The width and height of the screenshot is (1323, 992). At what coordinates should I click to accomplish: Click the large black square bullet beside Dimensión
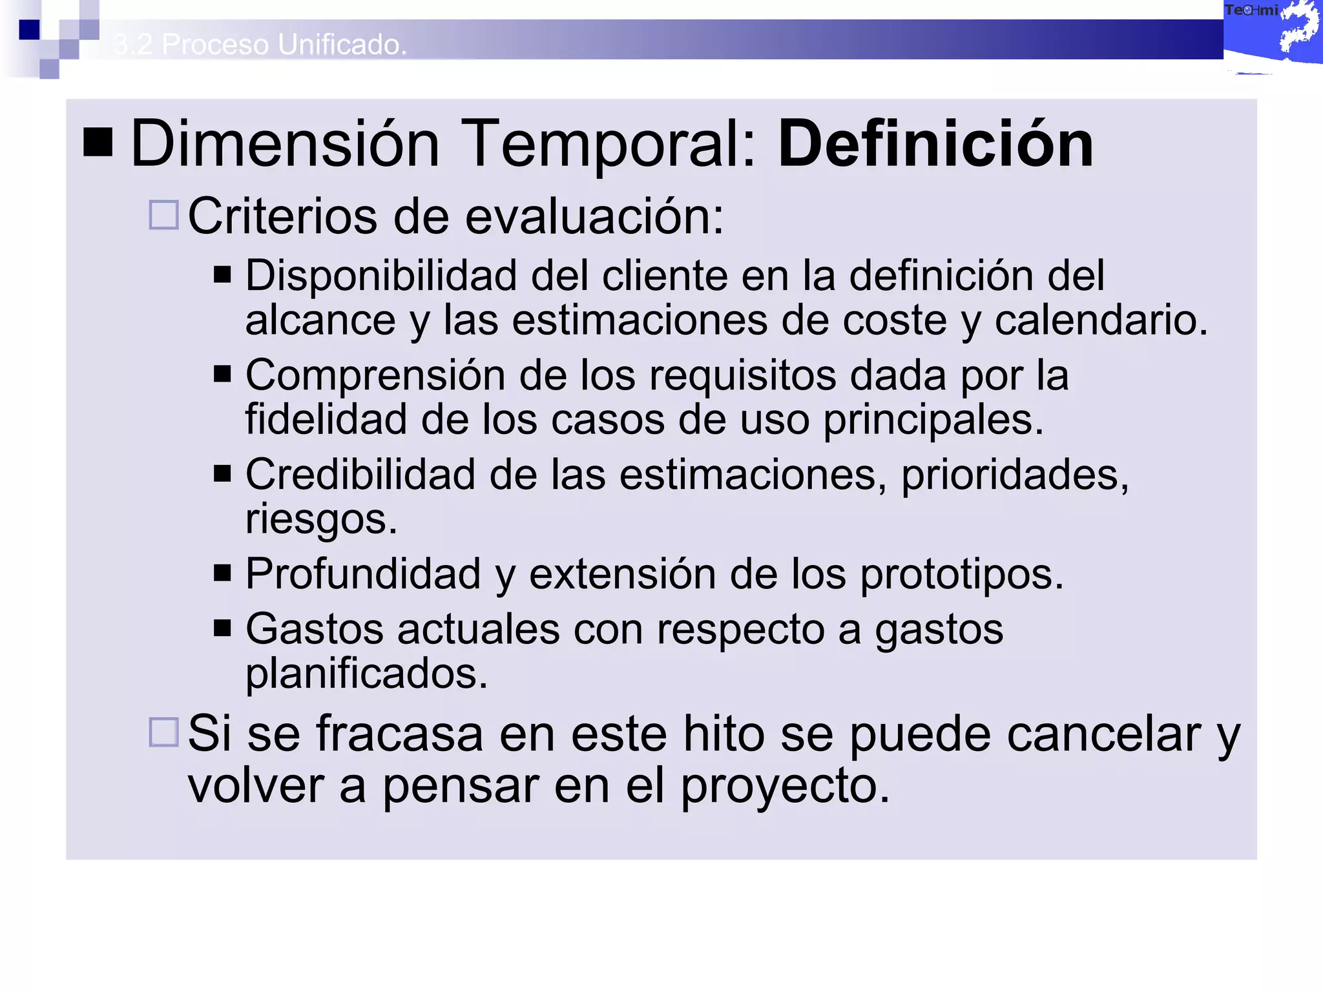[98, 142]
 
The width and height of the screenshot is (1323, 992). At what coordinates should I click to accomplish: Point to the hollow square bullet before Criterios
[163, 215]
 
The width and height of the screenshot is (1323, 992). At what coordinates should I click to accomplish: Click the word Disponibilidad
[380, 276]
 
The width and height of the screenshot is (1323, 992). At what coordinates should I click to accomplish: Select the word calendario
[1101, 320]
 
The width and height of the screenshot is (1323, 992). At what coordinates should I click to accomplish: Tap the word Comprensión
[375, 375]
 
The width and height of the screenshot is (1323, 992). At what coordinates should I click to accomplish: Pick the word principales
[933, 420]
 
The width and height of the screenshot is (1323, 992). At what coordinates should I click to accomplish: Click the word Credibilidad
[360, 475]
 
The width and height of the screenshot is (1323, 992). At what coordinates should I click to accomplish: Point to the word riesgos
[321, 519]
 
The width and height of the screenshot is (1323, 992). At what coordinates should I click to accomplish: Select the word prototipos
[961, 574]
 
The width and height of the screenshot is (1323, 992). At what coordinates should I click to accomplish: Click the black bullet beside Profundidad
[222, 573]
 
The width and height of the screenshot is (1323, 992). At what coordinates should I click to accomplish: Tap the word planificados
[366, 674]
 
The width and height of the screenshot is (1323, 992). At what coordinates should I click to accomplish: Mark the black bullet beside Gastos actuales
[222, 628]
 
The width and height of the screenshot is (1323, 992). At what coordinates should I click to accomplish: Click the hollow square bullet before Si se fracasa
[163, 732]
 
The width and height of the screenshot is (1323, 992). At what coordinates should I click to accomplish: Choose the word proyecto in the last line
[785, 787]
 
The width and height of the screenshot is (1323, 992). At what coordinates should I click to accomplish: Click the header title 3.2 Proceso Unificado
[260, 45]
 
